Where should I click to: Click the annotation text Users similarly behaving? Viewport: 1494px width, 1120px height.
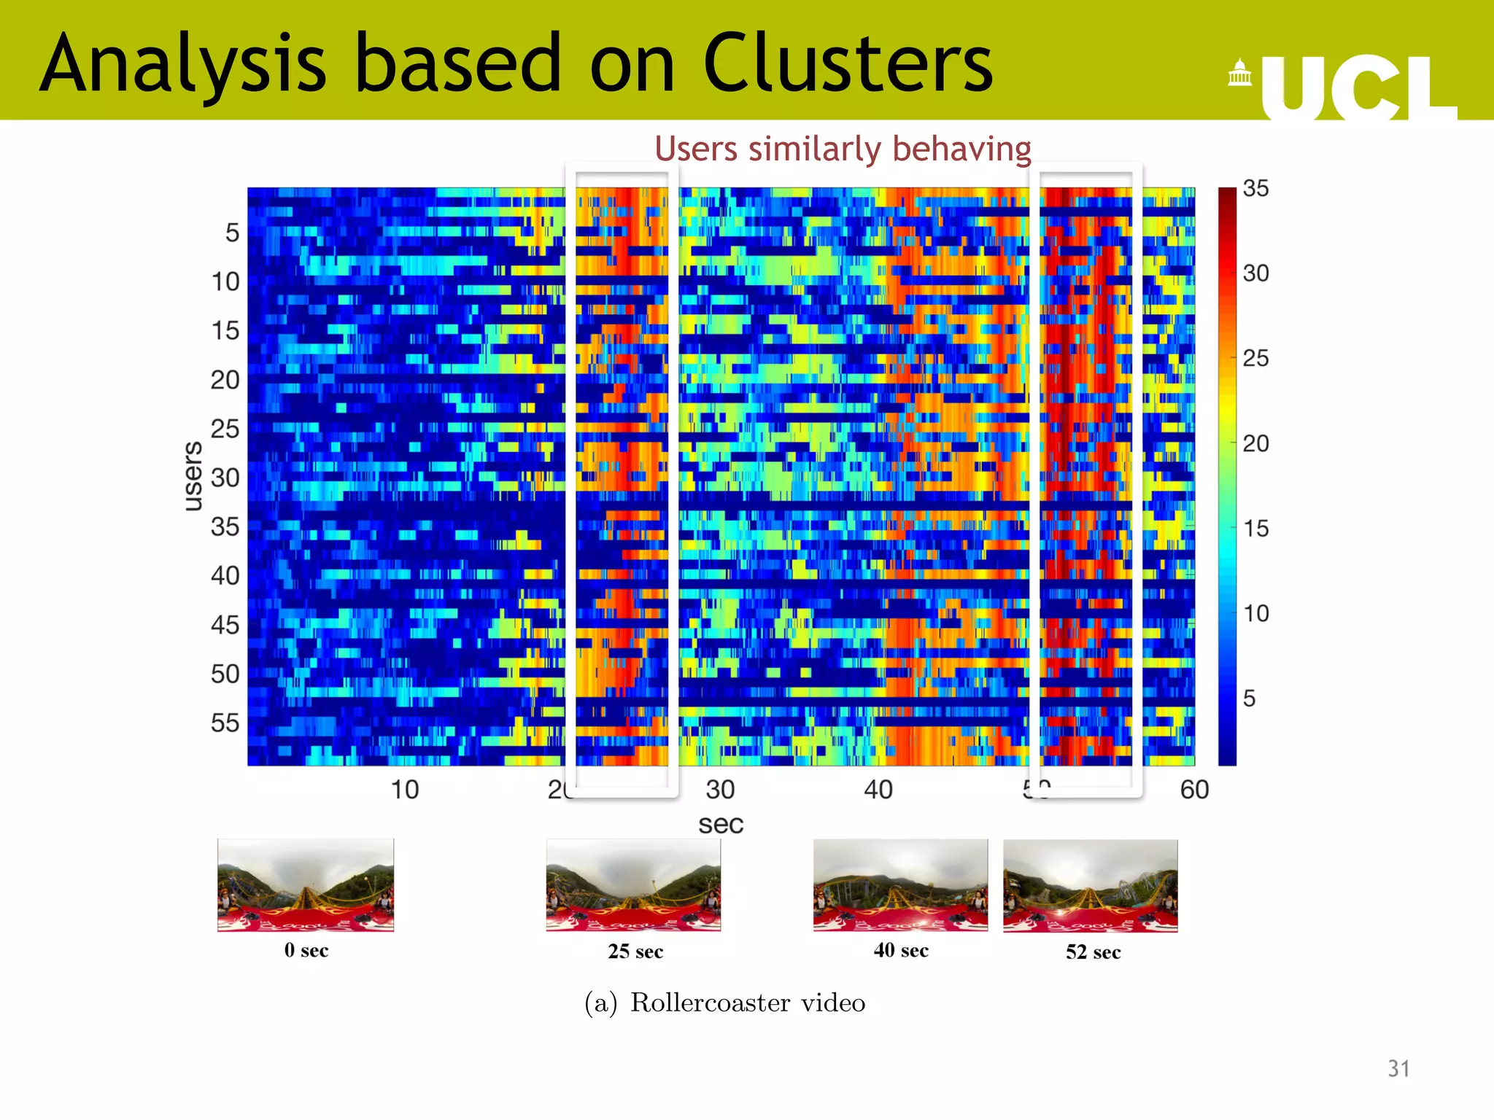click(843, 149)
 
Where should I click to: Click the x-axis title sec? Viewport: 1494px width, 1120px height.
click(721, 824)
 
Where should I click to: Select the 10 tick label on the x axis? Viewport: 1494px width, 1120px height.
click(405, 790)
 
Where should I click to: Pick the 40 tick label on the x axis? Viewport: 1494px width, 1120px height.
click(878, 790)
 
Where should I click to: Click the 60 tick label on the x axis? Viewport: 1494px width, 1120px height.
click(1194, 790)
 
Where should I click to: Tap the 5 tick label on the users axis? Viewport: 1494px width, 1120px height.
click(232, 233)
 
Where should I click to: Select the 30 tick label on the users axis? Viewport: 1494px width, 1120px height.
click(225, 478)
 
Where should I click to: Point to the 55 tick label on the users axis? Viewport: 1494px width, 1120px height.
click(225, 723)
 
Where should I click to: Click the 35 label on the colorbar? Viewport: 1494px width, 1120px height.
click(1255, 188)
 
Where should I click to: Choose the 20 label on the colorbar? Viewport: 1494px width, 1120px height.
click(1255, 443)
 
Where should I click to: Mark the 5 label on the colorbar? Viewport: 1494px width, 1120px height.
click(1249, 699)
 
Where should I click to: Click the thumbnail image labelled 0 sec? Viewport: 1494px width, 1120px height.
click(306, 885)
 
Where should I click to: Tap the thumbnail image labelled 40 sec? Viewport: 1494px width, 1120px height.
click(900, 885)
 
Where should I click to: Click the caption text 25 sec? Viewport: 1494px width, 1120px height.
click(635, 952)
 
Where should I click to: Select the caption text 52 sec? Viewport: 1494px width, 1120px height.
click(1093, 952)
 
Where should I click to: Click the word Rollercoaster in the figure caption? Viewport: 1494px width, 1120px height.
click(710, 1003)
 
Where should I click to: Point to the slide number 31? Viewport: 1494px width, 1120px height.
click(1398, 1068)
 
